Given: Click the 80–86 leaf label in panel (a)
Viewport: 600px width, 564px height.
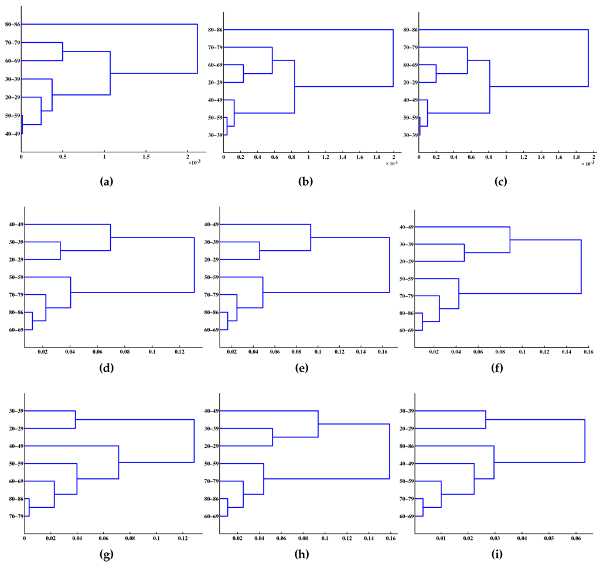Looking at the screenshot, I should coord(12,25).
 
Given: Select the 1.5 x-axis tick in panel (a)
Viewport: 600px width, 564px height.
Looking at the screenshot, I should coord(146,157).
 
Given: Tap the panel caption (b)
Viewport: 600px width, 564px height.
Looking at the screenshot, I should coord(305,182).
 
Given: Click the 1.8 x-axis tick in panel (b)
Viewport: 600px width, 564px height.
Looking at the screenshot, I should coord(376,158).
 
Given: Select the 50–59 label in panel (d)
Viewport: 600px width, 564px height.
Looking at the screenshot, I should coord(15,277).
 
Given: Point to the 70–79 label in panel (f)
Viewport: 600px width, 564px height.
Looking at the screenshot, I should coord(405,296).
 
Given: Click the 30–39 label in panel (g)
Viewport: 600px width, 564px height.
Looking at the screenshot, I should coord(15,411).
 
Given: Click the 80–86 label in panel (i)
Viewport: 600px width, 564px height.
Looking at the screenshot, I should coord(405,446).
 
